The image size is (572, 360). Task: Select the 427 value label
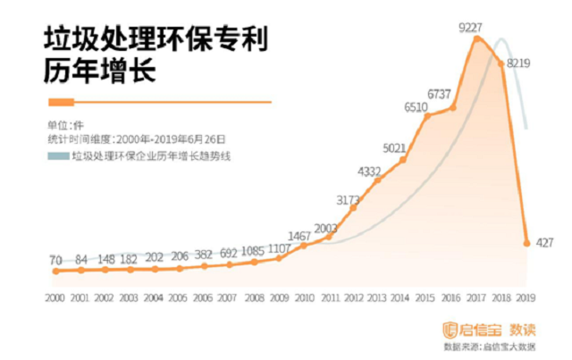tap(546, 242)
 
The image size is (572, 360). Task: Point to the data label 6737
tap(444, 94)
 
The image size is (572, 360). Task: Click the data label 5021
tap(394, 147)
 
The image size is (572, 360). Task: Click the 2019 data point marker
tap(527, 242)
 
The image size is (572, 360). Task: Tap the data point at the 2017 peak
tap(476, 38)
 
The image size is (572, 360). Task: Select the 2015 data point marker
tap(427, 116)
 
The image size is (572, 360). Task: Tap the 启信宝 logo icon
tap(451, 326)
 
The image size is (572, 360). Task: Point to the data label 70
tap(55, 260)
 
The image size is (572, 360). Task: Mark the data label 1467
tap(300, 234)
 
